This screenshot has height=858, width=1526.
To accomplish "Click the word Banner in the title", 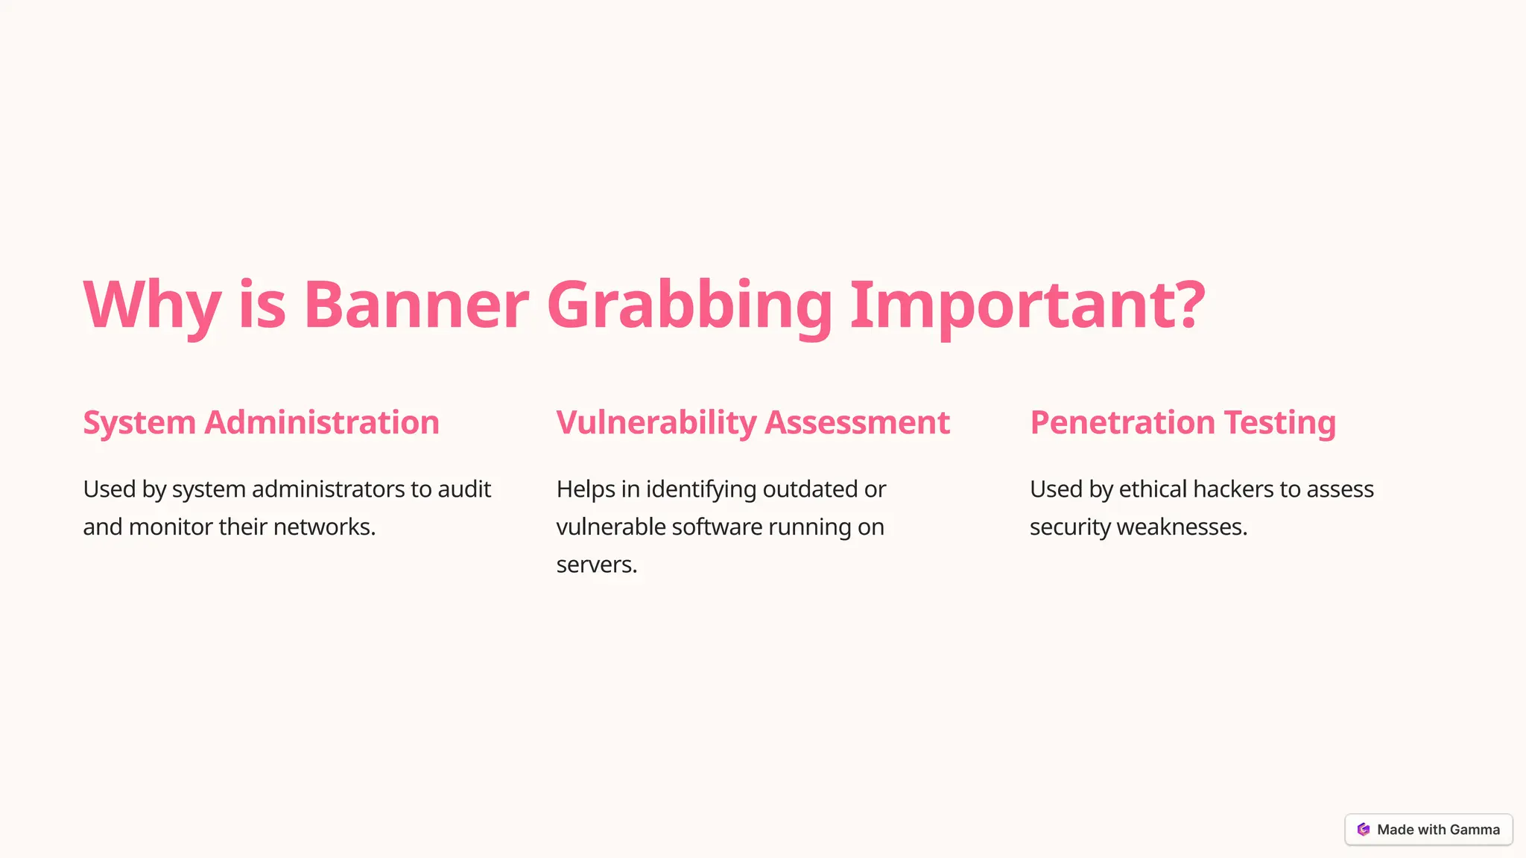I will coord(416,305).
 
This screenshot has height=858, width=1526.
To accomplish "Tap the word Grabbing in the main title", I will coord(689,305).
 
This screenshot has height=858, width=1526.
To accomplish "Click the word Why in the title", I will coord(151,305).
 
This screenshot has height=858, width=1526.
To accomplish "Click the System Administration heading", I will coord(261,422).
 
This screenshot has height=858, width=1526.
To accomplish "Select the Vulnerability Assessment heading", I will coord(753,422).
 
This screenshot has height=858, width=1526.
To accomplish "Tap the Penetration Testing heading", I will coord(1183,422).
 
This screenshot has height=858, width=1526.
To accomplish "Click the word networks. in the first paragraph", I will coord(325,527).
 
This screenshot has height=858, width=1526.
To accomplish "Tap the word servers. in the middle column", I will coord(597,565).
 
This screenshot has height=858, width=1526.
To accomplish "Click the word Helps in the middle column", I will coord(586,489).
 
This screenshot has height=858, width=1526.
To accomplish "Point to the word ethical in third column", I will coord(1153,489).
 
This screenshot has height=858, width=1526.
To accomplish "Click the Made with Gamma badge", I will coord(1428,830).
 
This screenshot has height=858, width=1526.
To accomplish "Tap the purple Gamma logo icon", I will coord(1364,830).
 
